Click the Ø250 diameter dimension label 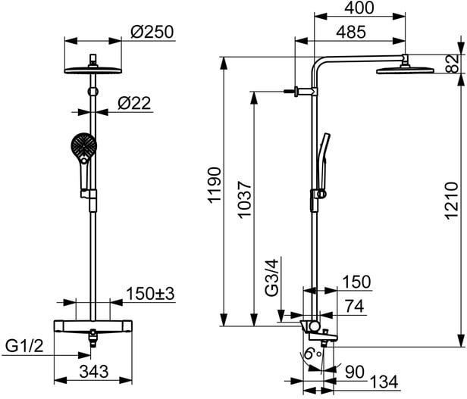152,32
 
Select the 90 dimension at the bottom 353,371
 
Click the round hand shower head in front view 82,145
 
